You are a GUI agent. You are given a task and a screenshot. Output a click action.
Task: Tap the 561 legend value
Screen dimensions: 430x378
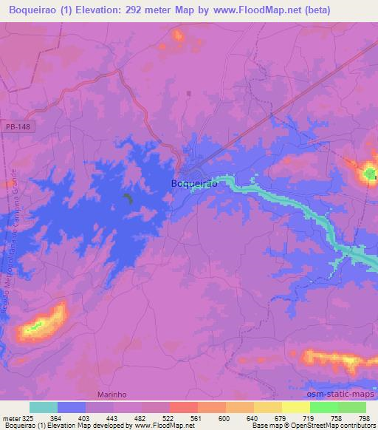197,419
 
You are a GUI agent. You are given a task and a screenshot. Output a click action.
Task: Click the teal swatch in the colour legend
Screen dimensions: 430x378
44,407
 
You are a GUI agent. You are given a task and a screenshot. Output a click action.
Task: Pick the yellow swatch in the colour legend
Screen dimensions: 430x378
295,407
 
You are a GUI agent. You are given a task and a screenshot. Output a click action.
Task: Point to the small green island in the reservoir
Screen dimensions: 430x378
128,198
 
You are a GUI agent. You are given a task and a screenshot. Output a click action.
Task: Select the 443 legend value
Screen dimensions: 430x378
113,419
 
